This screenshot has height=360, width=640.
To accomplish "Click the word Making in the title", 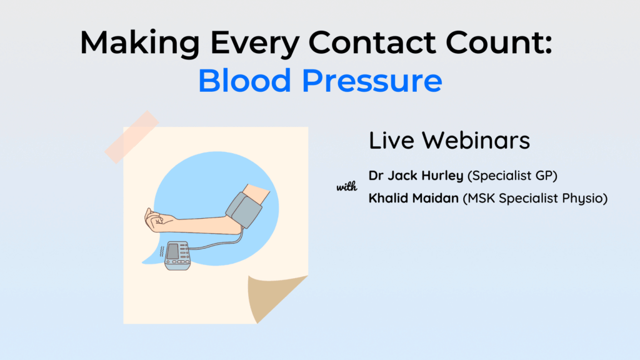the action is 140,43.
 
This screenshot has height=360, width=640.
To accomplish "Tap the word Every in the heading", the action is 255,43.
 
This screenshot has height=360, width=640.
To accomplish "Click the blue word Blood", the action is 244,80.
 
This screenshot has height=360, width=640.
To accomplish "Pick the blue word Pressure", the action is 372,80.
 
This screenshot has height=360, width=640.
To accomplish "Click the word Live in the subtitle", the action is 391,141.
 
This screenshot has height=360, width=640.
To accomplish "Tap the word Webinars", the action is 476,141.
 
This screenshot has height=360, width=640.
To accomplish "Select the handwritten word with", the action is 346,186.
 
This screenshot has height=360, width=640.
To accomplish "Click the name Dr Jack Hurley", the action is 416,176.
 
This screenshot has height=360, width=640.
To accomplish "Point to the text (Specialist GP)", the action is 512,176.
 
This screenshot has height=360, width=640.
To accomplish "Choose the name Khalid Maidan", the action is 414,198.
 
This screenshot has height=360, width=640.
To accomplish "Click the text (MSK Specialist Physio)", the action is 535,198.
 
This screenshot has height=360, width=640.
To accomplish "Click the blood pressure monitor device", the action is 177,256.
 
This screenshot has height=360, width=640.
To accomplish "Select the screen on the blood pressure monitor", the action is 172,251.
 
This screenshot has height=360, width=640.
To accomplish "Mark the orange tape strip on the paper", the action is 131,137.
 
